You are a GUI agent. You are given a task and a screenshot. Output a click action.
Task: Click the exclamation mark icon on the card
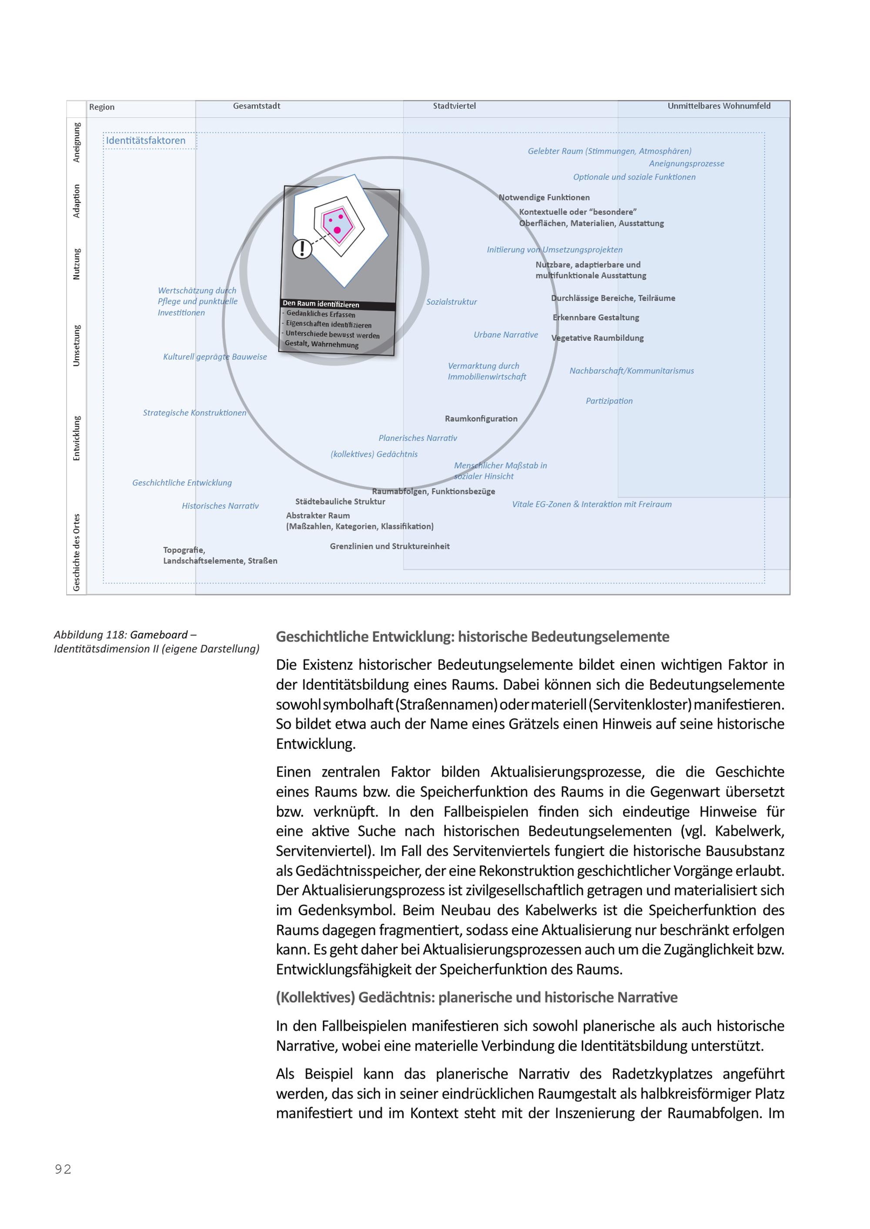click(x=302, y=249)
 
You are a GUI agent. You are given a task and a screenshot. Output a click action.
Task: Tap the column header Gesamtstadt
click(x=256, y=106)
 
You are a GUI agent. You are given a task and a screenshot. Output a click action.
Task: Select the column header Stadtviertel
click(x=454, y=106)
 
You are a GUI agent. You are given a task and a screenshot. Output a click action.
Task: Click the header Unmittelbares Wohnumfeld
click(x=719, y=106)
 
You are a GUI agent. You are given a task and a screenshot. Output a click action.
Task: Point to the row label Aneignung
click(x=77, y=143)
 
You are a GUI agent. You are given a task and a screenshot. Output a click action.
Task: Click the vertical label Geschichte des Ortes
click(x=77, y=552)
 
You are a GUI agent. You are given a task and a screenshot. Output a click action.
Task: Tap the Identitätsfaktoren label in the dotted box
click(x=146, y=141)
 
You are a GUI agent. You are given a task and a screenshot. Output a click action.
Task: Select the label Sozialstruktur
click(x=451, y=302)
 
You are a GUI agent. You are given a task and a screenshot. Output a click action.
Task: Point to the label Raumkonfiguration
click(x=481, y=419)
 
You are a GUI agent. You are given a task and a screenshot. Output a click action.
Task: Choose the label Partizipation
click(x=609, y=401)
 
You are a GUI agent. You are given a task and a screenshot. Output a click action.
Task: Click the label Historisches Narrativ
click(x=220, y=506)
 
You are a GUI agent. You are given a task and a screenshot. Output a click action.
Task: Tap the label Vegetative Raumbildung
click(x=597, y=338)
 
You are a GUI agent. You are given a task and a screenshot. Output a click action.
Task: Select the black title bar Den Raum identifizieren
click(x=338, y=305)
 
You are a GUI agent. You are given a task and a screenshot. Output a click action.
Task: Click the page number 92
click(x=63, y=1169)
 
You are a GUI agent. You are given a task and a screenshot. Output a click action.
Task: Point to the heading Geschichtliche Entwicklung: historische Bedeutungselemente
click(x=472, y=637)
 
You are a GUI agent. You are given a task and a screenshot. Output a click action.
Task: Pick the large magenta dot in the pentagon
click(x=337, y=230)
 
